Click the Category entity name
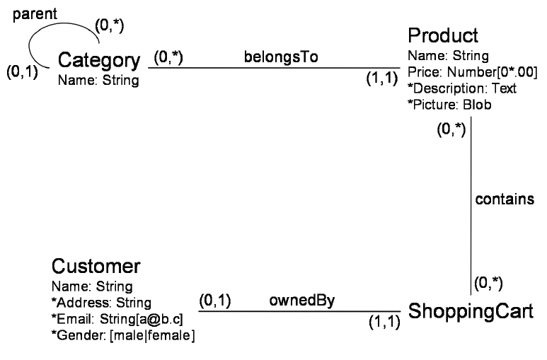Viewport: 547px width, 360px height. click(x=99, y=61)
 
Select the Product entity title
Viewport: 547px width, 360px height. click(x=443, y=35)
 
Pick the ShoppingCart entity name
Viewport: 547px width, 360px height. click(x=471, y=312)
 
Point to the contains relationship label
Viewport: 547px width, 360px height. click(x=504, y=199)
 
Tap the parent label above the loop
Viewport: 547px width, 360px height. click(x=40, y=14)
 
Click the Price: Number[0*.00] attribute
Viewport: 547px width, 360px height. click(x=472, y=71)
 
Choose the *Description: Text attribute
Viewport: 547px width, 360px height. click(x=462, y=88)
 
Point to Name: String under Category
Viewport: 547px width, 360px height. click(x=98, y=80)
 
